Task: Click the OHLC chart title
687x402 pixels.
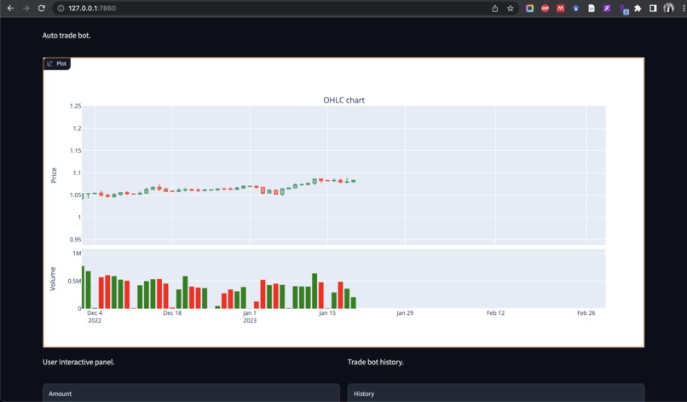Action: click(343, 100)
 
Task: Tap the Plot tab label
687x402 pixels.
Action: click(61, 63)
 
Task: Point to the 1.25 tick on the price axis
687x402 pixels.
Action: click(76, 107)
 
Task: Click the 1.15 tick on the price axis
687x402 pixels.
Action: click(76, 151)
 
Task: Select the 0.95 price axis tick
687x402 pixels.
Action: click(76, 239)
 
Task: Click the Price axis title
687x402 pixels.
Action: click(54, 174)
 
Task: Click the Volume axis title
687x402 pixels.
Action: click(53, 279)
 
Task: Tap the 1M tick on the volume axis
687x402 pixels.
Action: click(77, 253)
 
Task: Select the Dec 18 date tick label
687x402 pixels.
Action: click(172, 313)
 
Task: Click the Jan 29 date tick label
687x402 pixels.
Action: click(405, 313)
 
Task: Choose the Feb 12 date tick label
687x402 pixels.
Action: click(495, 313)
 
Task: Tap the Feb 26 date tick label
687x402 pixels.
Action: click(586, 313)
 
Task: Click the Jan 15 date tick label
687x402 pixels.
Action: click(327, 313)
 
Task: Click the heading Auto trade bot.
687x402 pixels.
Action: click(66, 36)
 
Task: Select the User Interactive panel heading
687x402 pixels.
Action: click(78, 362)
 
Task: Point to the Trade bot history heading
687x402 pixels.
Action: click(375, 362)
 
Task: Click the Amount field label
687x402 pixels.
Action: click(60, 393)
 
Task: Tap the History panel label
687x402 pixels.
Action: click(364, 393)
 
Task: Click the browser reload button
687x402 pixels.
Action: click(41, 9)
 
